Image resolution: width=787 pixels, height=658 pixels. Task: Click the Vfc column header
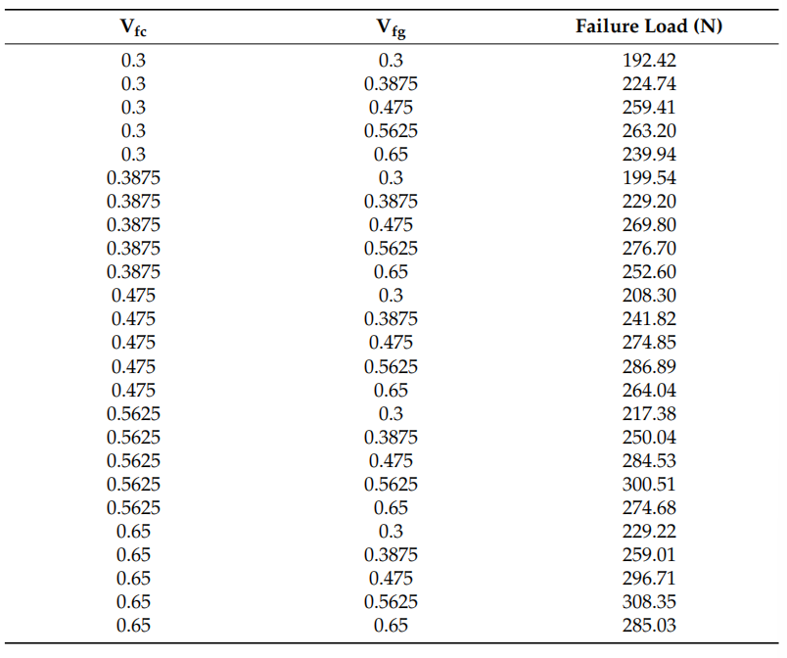point(133,27)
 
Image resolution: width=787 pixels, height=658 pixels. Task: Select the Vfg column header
point(391,28)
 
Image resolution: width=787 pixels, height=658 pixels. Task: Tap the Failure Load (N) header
point(648,26)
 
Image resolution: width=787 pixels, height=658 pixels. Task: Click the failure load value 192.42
point(649,61)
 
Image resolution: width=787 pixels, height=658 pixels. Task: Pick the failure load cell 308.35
point(649,601)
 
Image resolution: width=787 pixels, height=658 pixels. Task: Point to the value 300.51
point(649,484)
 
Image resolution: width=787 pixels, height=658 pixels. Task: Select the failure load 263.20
point(649,130)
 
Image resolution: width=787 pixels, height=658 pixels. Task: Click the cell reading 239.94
point(649,154)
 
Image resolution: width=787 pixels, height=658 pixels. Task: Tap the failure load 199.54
point(649,177)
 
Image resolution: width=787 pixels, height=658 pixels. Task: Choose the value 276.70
point(649,248)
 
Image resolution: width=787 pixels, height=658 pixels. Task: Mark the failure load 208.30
point(649,295)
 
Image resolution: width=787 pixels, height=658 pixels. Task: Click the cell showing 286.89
point(649,366)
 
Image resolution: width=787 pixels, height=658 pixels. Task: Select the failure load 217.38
point(649,413)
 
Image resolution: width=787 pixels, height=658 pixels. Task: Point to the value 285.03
point(649,625)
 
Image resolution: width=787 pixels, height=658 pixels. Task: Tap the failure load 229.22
point(649,531)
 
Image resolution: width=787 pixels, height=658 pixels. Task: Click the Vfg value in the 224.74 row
point(391,83)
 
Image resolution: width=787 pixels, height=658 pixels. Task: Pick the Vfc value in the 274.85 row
point(133,343)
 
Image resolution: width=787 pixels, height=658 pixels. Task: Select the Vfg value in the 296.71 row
point(391,578)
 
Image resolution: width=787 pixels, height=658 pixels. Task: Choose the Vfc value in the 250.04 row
point(133,437)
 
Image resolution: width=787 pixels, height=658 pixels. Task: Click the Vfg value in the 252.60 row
point(391,271)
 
